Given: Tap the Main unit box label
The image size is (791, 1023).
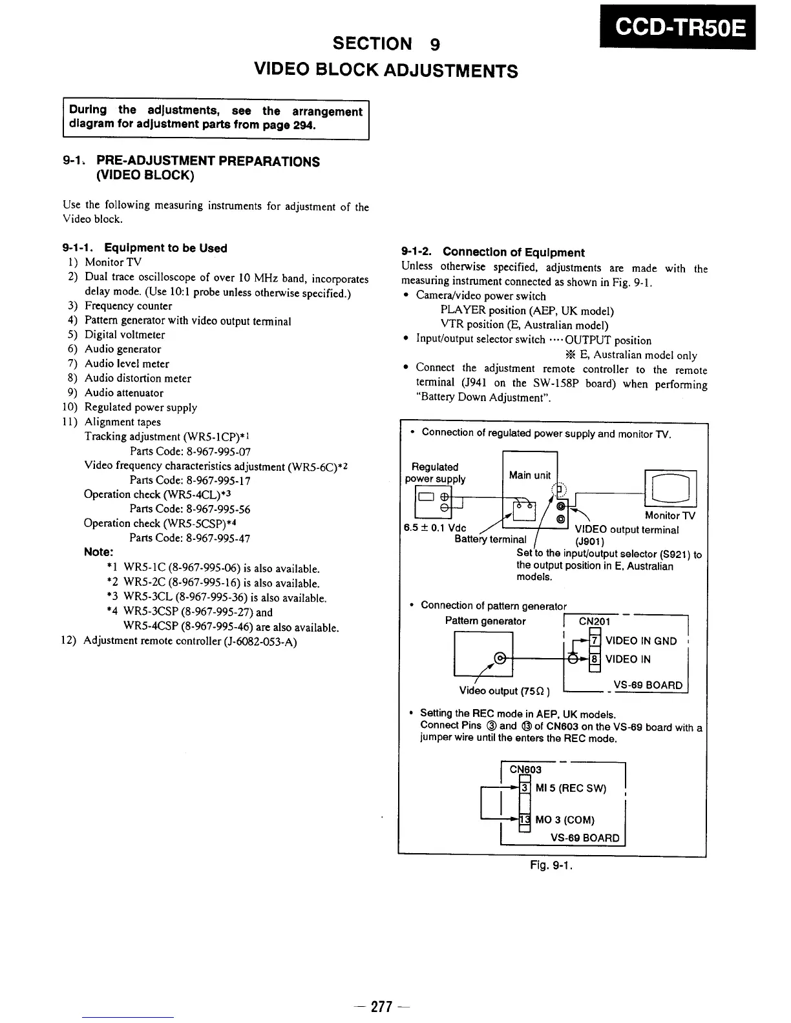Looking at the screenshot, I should pos(529,475).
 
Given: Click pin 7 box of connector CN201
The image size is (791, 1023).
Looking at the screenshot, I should pos(595,641).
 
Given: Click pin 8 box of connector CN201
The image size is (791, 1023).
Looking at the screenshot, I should pos(595,659).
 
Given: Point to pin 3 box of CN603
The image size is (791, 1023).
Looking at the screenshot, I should pos(525,788).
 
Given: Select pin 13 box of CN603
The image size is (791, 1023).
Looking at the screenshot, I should pos(524,820).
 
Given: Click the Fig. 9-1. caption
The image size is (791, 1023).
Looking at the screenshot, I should pos(551,865).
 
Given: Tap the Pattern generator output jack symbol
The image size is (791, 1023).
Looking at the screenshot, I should pos(498,658).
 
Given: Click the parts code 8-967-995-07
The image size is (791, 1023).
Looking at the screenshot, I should pos(190,451).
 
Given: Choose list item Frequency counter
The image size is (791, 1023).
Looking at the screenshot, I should pos(129,305).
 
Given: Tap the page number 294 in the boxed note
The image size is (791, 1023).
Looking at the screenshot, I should pos(303,125).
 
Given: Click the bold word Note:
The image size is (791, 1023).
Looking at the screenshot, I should pos(99,552).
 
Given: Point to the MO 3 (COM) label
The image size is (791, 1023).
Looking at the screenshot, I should pos(565,820).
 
